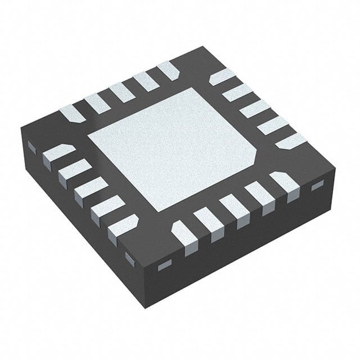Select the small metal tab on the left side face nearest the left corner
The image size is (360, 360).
[x=31, y=147]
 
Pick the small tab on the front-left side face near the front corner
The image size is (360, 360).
[x=129, y=259]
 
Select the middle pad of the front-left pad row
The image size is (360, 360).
[x=90, y=189]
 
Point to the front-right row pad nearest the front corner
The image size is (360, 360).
[x=183, y=234]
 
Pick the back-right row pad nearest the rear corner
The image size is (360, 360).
[x=222, y=76]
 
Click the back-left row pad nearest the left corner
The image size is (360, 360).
[x=73, y=113]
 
